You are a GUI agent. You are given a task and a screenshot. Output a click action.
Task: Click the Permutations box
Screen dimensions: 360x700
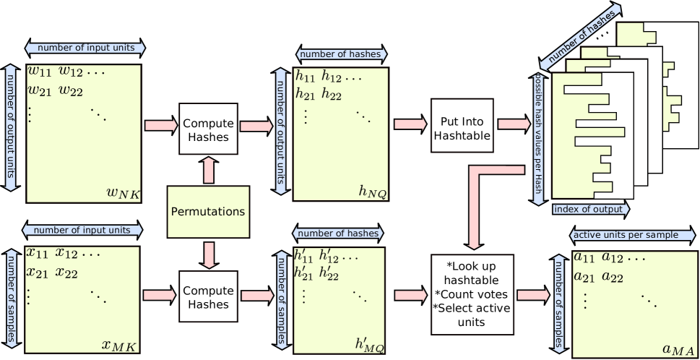click(x=208, y=212)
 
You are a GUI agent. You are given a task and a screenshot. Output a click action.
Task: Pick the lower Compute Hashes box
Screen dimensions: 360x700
click(x=207, y=296)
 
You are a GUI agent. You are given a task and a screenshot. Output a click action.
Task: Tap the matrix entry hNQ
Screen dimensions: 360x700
click(x=372, y=191)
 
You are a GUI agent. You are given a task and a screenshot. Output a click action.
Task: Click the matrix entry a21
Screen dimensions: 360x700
click(x=584, y=275)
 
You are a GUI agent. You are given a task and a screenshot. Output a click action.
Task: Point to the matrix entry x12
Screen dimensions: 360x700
click(x=70, y=254)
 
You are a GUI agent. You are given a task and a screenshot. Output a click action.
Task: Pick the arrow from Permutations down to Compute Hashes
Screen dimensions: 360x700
click(x=208, y=254)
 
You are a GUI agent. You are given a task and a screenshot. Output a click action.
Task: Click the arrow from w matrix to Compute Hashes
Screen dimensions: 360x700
click(x=160, y=126)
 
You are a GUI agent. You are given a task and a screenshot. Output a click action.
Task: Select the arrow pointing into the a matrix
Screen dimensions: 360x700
click(x=533, y=295)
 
